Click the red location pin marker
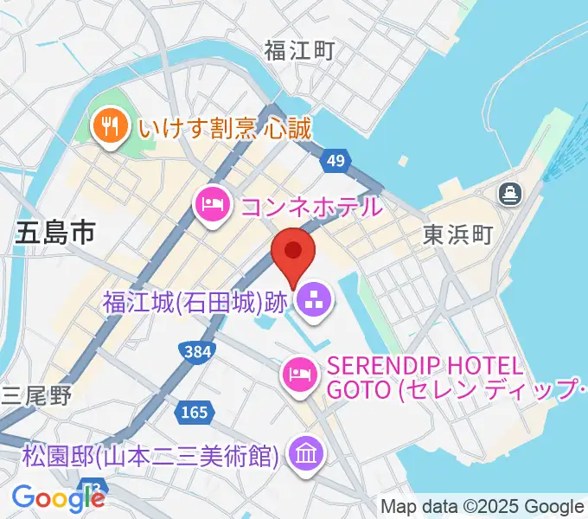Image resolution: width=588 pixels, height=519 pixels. pos(293,253)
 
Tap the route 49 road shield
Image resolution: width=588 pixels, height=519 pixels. pos(336,160)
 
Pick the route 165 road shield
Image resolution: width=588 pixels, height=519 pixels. pos(195,413)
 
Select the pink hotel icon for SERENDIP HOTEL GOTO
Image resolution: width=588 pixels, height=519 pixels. pos(297,374)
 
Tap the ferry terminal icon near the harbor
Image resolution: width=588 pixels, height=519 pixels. pos(510,193)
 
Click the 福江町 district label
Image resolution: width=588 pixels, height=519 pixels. pos(299,51)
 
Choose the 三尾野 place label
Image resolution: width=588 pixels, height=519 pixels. pos(36,395)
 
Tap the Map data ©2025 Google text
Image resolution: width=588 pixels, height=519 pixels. pos(482,506)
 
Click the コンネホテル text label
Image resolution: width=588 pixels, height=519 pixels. pos(310,206)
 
